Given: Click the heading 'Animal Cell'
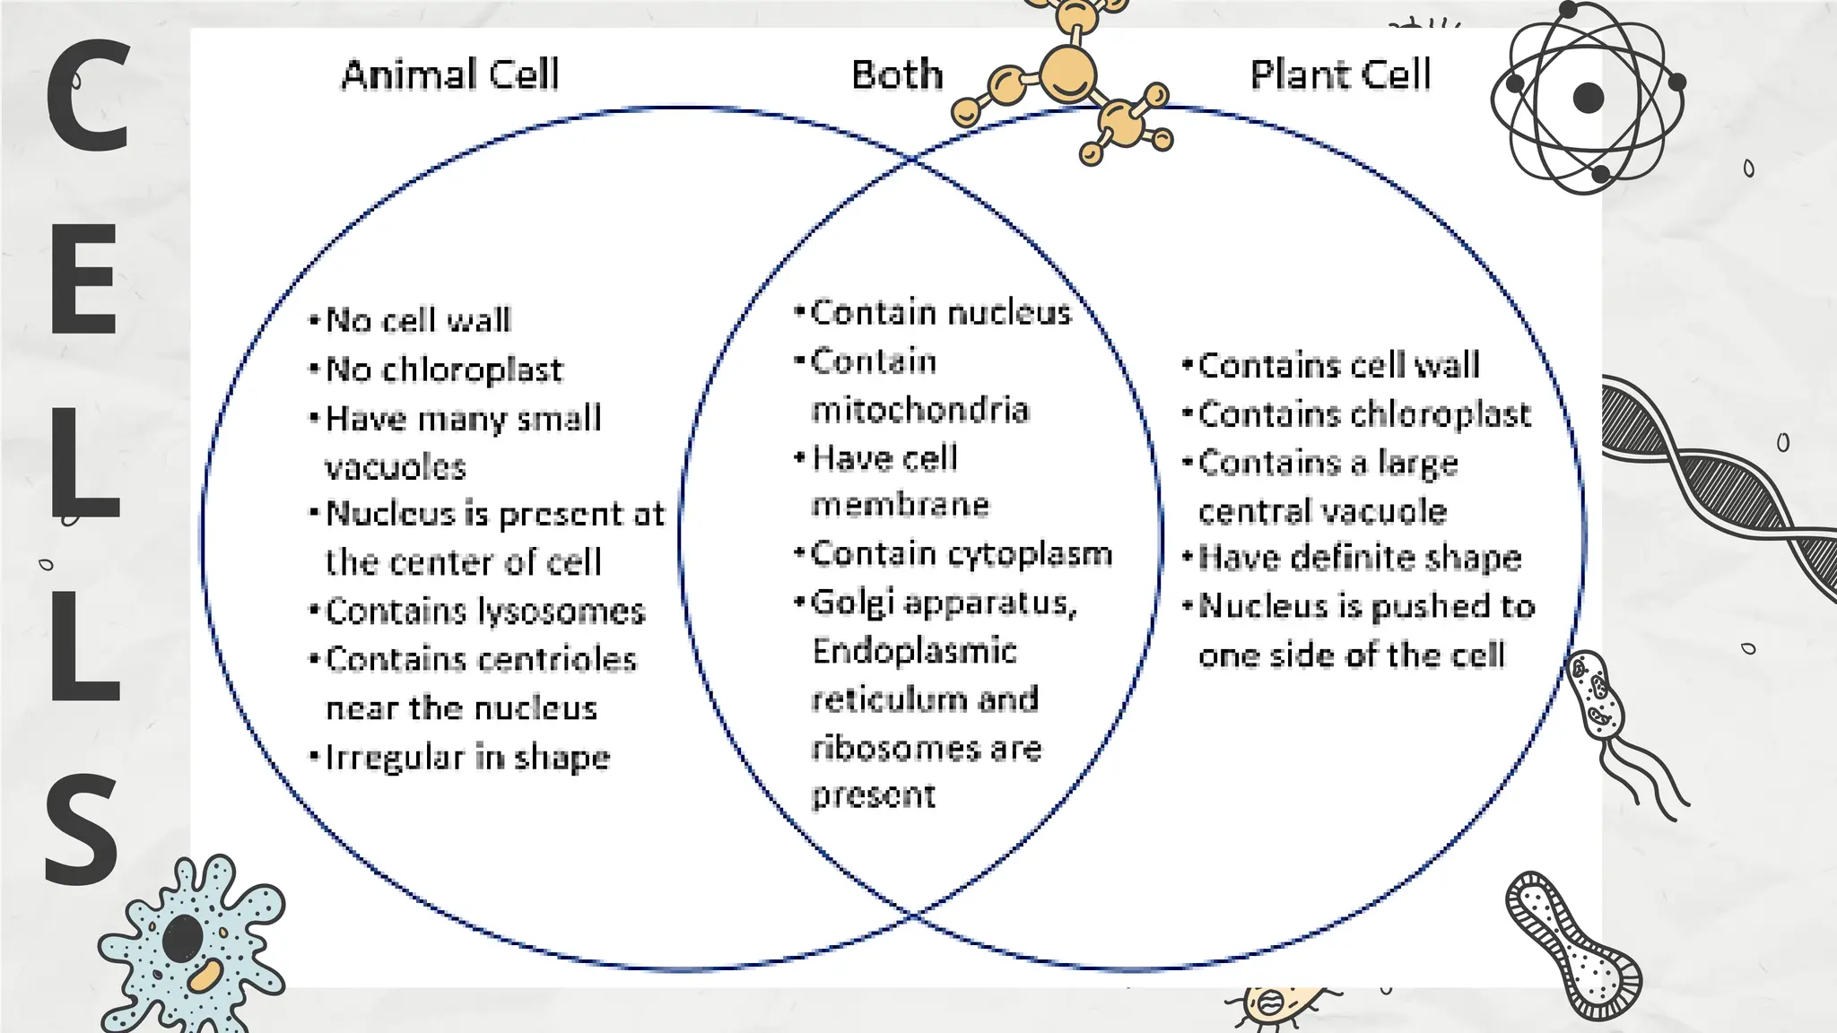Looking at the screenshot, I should (x=449, y=74).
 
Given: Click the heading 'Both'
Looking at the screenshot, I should (x=896, y=74).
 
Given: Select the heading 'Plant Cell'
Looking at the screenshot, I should (x=1340, y=74).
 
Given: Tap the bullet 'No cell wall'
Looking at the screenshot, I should (x=418, y=320).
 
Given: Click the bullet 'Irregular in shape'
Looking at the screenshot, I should (x=466, y=758).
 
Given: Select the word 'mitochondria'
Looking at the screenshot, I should (x=919, y=410).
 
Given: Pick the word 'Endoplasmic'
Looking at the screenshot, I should (x=914, y=651).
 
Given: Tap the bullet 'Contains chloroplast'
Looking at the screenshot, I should (x=1363, y=414).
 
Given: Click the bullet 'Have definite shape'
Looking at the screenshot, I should (x=1359, y=558).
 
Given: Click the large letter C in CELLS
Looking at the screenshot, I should (x=88, y=97).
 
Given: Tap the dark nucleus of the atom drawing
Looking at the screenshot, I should (x=1588, y=98).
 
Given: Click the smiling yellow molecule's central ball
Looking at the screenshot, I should (x=1067, y=74).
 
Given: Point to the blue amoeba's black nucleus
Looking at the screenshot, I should (x=182, y=938).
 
